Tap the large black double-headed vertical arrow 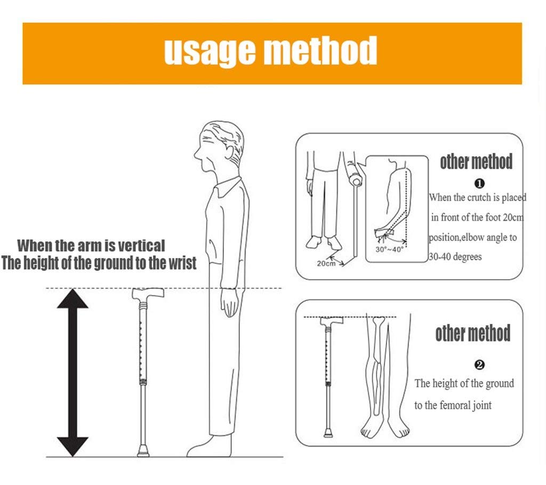tap(73, 373)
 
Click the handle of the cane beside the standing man tap(148, 294)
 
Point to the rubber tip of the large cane tap(143, 451)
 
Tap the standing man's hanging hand tap(230, 303)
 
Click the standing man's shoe tap(209, 447)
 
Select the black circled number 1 tap(479, 183)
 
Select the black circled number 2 tap(479, 365)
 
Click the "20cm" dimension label tap(326, 264)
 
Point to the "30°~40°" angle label tap(389, 249)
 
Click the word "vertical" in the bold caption tap(141, 246)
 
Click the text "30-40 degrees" tap(455, 257)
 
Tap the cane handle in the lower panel tap(332, 321)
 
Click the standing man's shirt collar tap(228, 186)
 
